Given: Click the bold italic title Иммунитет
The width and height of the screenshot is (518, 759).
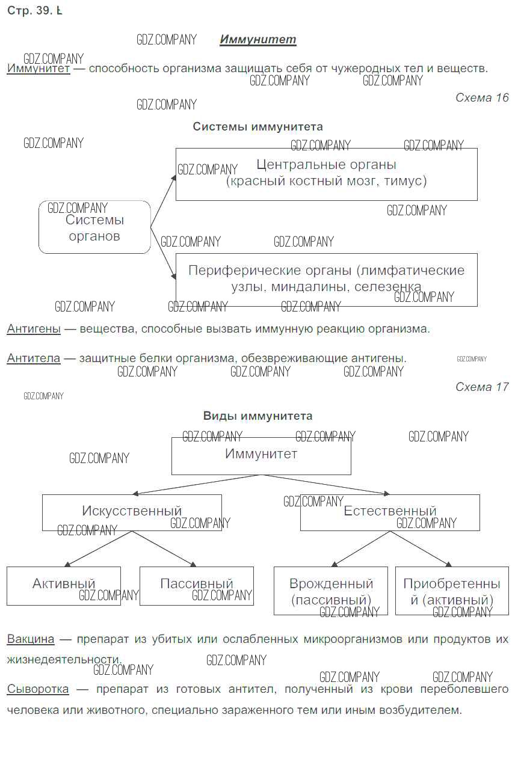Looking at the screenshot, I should tap(257, 40).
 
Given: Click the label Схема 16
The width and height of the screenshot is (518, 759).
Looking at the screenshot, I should tap(482, 97).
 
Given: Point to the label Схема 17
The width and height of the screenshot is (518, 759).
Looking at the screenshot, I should tap(482, 387).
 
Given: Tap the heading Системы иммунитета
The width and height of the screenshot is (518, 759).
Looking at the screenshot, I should tap(257, 126).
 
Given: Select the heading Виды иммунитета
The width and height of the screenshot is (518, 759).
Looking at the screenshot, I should tap(257, 416).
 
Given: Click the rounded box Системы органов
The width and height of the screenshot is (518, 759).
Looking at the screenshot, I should tap(94, 227).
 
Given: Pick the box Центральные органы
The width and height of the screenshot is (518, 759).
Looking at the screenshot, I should tap(326, 174).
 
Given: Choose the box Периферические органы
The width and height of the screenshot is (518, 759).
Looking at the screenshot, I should tap(326, 279).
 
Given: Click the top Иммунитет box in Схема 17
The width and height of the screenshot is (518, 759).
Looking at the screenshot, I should tap(261, 455).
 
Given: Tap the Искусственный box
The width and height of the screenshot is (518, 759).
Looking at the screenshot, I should tap(132, 512).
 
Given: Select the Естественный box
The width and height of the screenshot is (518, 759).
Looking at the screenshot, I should tap(390, 512).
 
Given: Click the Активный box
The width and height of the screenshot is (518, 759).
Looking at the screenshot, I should tap(64, 585).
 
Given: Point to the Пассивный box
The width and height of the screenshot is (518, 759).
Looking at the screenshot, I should tap(197, 585).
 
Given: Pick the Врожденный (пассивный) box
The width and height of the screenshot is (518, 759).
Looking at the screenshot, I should tap(331, 591).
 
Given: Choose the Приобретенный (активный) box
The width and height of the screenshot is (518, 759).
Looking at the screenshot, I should tap(452, 591).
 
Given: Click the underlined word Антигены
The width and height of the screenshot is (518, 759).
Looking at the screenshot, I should tap(34, 329).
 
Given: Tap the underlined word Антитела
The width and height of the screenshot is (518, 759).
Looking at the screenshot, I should tap(34, 358).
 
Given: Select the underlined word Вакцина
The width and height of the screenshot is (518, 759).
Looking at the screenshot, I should tap(31, 639).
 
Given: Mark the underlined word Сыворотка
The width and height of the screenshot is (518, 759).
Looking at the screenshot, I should tap(38, 689).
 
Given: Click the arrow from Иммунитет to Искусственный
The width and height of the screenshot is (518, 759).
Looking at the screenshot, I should tap(196, 484).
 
